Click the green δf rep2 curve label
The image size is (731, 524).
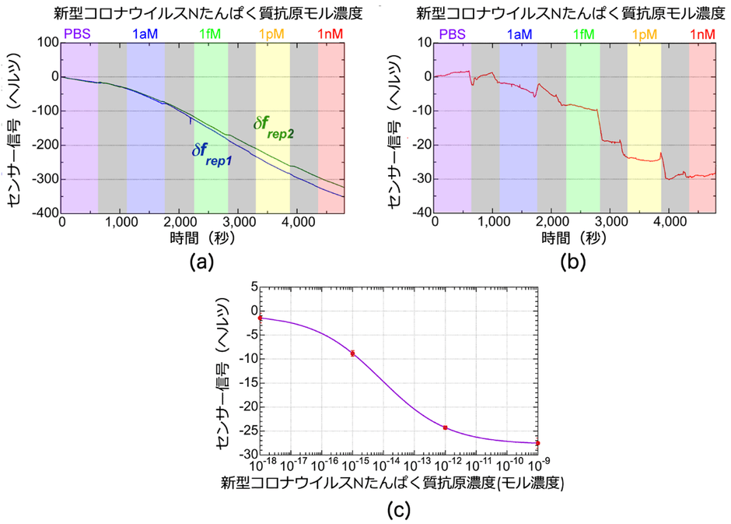pos(268,127)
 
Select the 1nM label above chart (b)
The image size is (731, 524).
pos(702,33)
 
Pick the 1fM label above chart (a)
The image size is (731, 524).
pos(210,33)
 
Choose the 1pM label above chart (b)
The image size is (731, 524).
pos(643,33)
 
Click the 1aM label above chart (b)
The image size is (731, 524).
pos(519,33)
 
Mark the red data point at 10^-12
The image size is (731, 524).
pos(445,427)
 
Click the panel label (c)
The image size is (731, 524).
pos(398,510)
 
